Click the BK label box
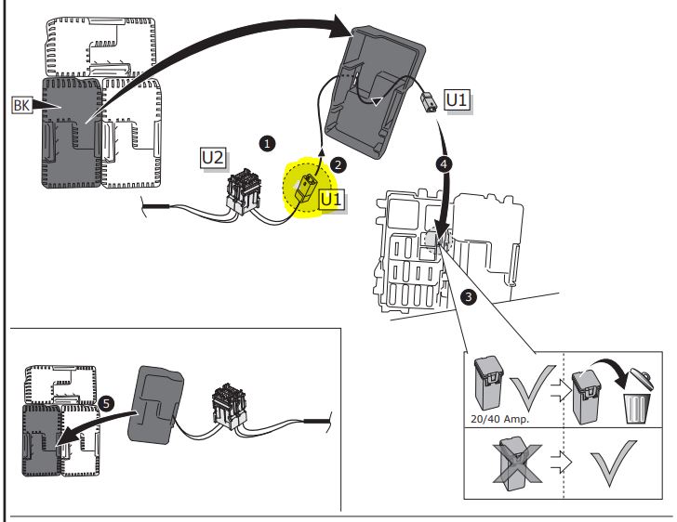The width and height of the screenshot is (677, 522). click(20, 106)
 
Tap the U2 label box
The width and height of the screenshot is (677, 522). click(213, 158)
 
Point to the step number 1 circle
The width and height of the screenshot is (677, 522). click(269, 144)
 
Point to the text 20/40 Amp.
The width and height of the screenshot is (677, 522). click(496, 419)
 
